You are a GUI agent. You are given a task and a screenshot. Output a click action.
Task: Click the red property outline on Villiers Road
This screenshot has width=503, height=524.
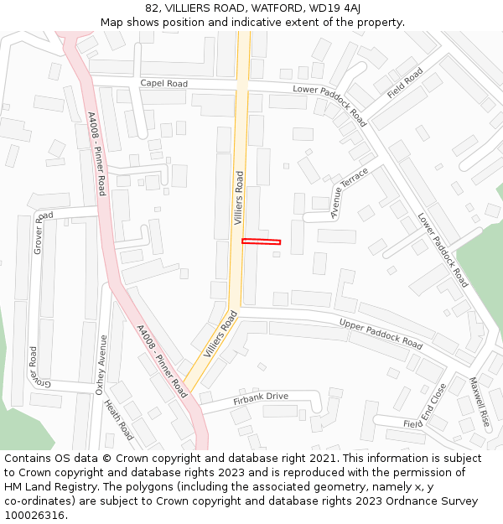point(261,242)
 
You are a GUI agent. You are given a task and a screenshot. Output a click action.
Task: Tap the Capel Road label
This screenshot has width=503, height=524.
point(164,84)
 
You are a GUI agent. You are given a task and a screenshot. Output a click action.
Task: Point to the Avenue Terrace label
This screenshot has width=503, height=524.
point(349,193)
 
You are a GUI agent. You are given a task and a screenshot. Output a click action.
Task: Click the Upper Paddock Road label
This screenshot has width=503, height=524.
point(381,333)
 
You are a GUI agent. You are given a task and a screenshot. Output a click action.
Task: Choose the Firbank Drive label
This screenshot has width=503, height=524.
point(261,397)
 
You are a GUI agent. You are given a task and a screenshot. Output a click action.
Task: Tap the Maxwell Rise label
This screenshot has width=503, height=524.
point(479,402)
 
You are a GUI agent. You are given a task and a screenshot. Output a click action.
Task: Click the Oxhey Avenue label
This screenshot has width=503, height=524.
point(101,365)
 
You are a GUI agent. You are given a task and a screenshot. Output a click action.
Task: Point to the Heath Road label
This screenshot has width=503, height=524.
point(118,419)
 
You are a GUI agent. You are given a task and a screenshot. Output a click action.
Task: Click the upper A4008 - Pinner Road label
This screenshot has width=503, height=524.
point(96,153)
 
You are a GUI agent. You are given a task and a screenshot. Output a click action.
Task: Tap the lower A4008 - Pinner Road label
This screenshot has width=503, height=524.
point(161,361)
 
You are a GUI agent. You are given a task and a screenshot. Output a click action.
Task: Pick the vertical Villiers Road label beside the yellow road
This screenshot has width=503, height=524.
point(238,199)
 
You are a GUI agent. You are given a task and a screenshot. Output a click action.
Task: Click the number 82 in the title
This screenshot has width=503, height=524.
point(151,8)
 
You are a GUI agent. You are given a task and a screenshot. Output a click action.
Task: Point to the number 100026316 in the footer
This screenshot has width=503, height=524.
point(34,515)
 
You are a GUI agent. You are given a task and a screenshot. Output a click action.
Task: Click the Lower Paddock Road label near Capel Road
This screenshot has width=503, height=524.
point(329,105)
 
